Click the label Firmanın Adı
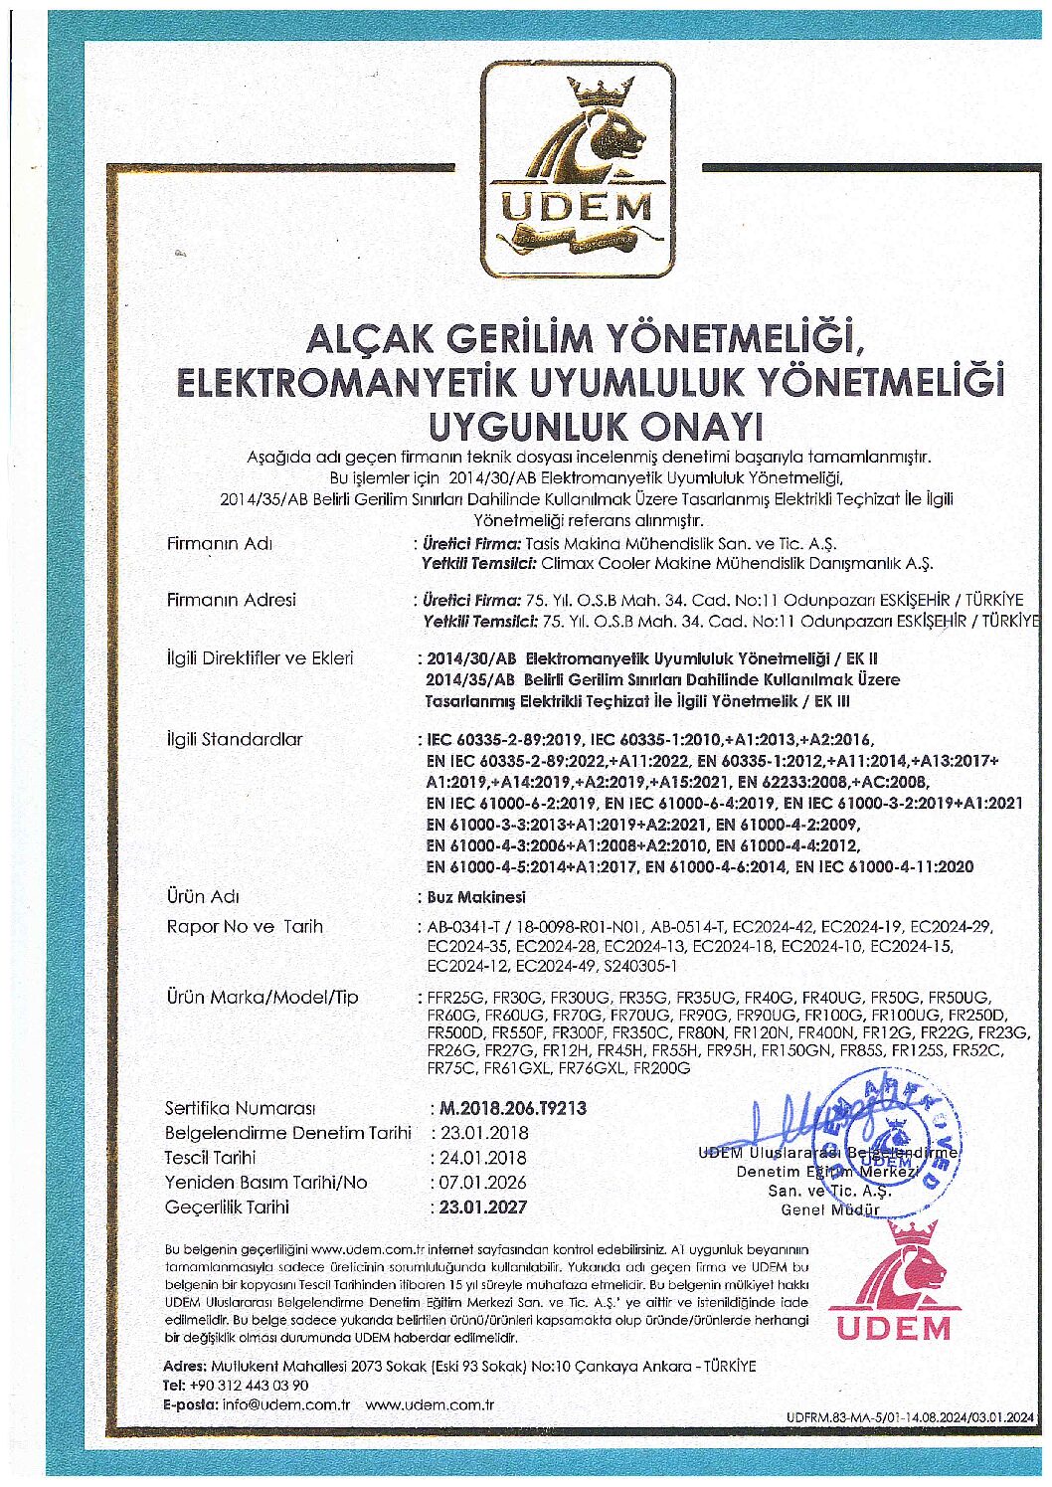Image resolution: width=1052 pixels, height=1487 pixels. click(x=219, y=543)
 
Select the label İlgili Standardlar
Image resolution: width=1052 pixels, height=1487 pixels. click(x=235, y=739)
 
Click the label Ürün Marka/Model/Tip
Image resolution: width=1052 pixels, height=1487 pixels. click(x=262, y=997)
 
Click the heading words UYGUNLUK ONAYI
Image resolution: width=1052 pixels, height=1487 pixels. click(x=594, y=425)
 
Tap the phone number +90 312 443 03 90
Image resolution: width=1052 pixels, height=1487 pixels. click(x=249, y=1385)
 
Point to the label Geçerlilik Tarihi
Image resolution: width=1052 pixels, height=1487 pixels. click(x=227, y=1207)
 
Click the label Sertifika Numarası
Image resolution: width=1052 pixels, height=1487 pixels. click(x=240, y=1107)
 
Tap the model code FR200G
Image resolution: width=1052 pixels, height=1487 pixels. click(x=661, y=1067)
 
